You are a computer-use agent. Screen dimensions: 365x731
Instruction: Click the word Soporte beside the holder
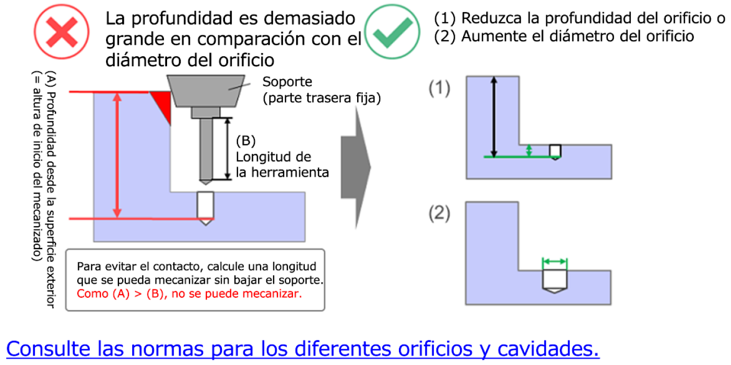[287, 82]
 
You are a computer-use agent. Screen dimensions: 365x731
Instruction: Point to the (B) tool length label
[245, 141]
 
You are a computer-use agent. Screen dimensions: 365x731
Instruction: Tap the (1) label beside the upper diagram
[439, 89]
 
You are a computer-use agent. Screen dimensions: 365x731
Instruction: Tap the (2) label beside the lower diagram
[439, 214]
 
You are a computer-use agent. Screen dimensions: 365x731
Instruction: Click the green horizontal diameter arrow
[555, 261]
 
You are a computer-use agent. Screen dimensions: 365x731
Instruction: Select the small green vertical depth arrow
[529, 150]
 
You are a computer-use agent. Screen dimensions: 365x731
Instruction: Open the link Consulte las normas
[303, 348]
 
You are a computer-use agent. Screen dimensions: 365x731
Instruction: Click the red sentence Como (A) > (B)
[189, 294]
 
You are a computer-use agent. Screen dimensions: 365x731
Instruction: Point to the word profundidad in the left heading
[182, 19]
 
